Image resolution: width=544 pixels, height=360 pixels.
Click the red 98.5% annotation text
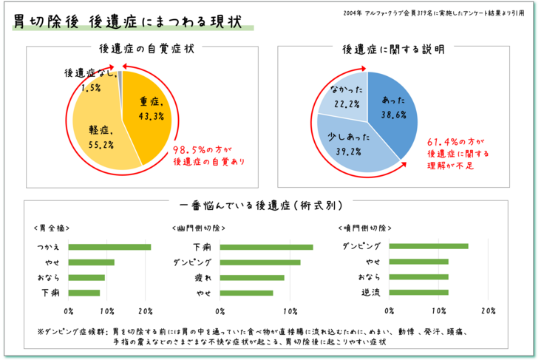pos(208,154)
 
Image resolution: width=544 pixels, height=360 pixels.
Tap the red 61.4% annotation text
pos(458,147)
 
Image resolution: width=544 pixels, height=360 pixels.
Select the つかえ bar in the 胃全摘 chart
pos(110,247)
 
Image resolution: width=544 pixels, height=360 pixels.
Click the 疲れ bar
pos(251,278)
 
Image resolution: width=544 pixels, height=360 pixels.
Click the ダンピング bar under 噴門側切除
pos(429,246)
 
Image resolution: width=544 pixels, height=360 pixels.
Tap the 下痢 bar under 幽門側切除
pos(265,247)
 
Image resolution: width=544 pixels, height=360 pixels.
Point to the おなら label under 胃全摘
pos(47,278)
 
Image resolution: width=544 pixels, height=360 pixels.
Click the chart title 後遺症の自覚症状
pos(146,50)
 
